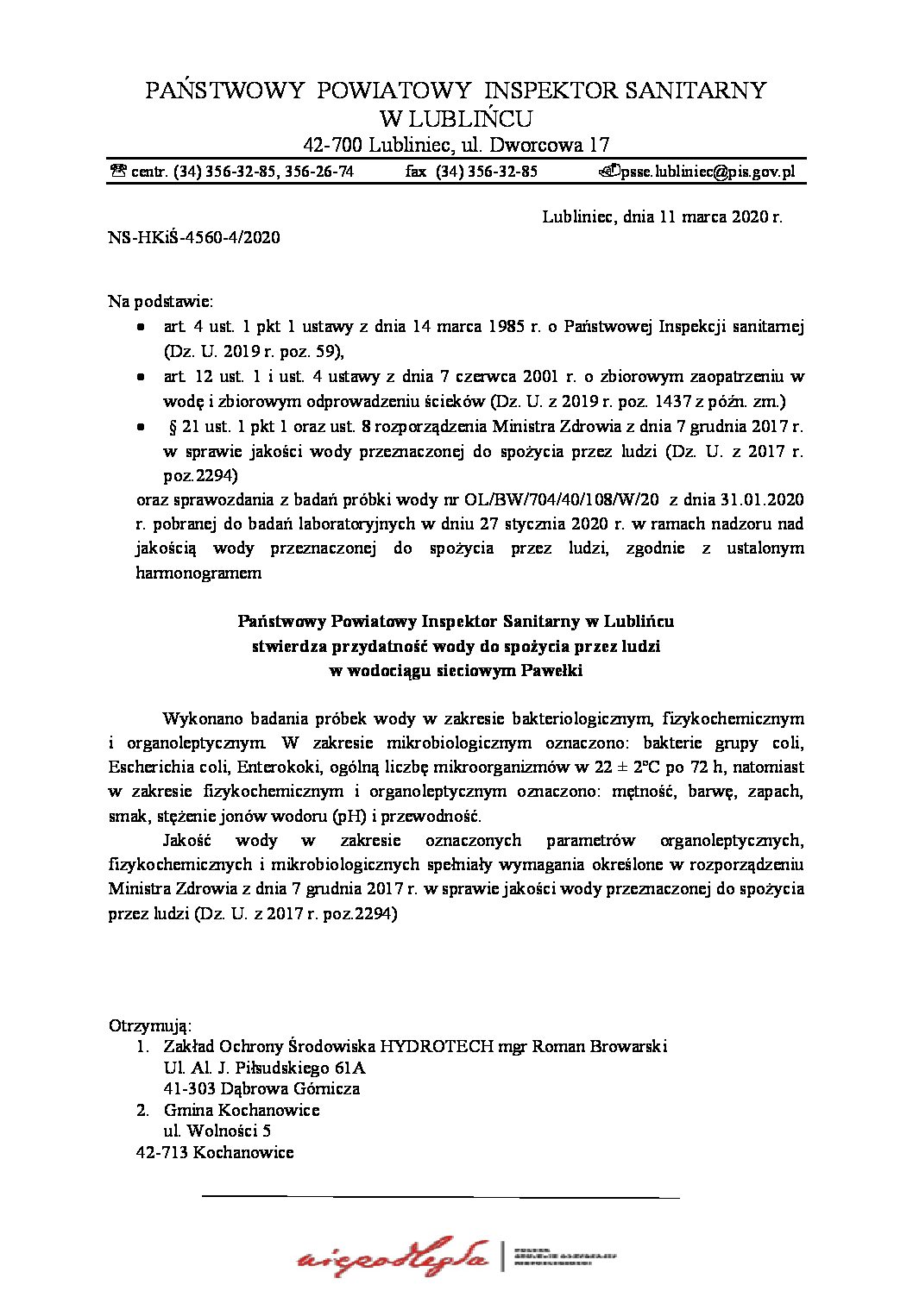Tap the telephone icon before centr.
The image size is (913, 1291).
tap(118, 172)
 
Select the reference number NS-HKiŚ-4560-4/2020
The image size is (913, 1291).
tap(194, 238)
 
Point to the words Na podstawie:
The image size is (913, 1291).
tap(161, 302)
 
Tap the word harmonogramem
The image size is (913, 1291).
tap(198, 573)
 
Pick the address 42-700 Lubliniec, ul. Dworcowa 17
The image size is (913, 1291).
tap(456, 145)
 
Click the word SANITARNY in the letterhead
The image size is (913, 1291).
tap(695, 91)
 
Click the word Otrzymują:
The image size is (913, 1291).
tap(150, 1025)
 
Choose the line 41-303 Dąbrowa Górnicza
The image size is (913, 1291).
tap(261, 1088)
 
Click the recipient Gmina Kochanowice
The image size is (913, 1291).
tap(242, 1110)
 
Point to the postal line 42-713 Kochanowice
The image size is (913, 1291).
tap(215, 1152)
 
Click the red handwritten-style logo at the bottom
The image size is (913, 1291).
tap(393, 1257)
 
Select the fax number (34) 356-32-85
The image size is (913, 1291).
tap(487, 172)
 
